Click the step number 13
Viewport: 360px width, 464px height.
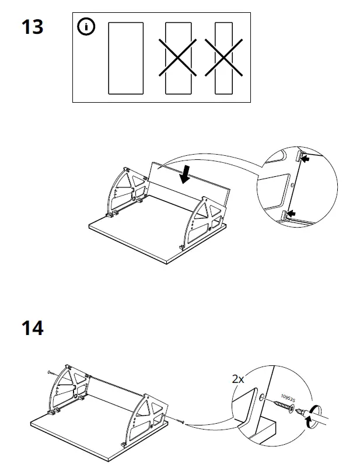tap(32, 26)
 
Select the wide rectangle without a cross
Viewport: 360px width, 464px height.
tap(125, 58)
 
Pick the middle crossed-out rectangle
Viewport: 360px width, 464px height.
tap(179, 58)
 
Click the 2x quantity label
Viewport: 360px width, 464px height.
tap(238, 379)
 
